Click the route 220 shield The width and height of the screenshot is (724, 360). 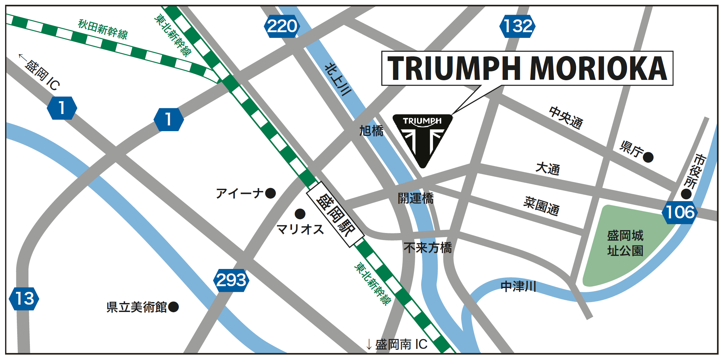(x=282, y=26)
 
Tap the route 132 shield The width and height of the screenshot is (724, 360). (x=518, y=26)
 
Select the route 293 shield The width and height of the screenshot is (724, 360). (x=231, y=280)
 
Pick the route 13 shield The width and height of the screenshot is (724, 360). (x=24, y=299)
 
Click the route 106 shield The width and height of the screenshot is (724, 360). (x=680, y=212)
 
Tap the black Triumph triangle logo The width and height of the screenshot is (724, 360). (x=422, y=137)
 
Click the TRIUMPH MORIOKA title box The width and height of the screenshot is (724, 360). (x=527, y=68)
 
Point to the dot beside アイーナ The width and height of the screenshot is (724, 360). (x=270, y=193)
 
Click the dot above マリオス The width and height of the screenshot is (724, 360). (x=300, y=214)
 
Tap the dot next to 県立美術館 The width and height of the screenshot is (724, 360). (x=173, y=307)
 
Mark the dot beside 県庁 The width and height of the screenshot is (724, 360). (x=648, y=157)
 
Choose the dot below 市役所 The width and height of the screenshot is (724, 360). (x=686, y=194)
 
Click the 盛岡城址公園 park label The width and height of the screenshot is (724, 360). (x=625, y=243)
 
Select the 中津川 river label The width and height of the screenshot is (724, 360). (x=518, y=286)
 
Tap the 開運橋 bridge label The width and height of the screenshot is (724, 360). (x=415, y=198)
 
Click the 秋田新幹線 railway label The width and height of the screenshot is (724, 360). (x=103, y=29)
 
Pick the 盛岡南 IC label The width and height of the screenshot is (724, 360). (x=398, y=344)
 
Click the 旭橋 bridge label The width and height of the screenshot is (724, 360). (x=371, y=131)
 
